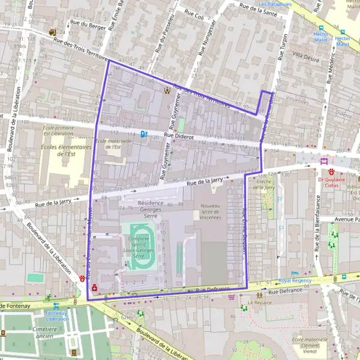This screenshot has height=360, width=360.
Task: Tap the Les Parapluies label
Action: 275,4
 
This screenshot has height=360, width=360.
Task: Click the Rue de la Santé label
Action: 257,8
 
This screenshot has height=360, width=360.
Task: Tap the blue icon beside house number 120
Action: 143,134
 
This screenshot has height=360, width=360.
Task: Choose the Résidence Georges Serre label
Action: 151,209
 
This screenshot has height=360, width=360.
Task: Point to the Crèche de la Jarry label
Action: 265,184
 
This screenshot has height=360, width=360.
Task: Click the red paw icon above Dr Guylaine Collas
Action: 331,172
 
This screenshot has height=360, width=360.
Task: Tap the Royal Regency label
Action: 295,280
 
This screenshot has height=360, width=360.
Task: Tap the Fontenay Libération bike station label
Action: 57,316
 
